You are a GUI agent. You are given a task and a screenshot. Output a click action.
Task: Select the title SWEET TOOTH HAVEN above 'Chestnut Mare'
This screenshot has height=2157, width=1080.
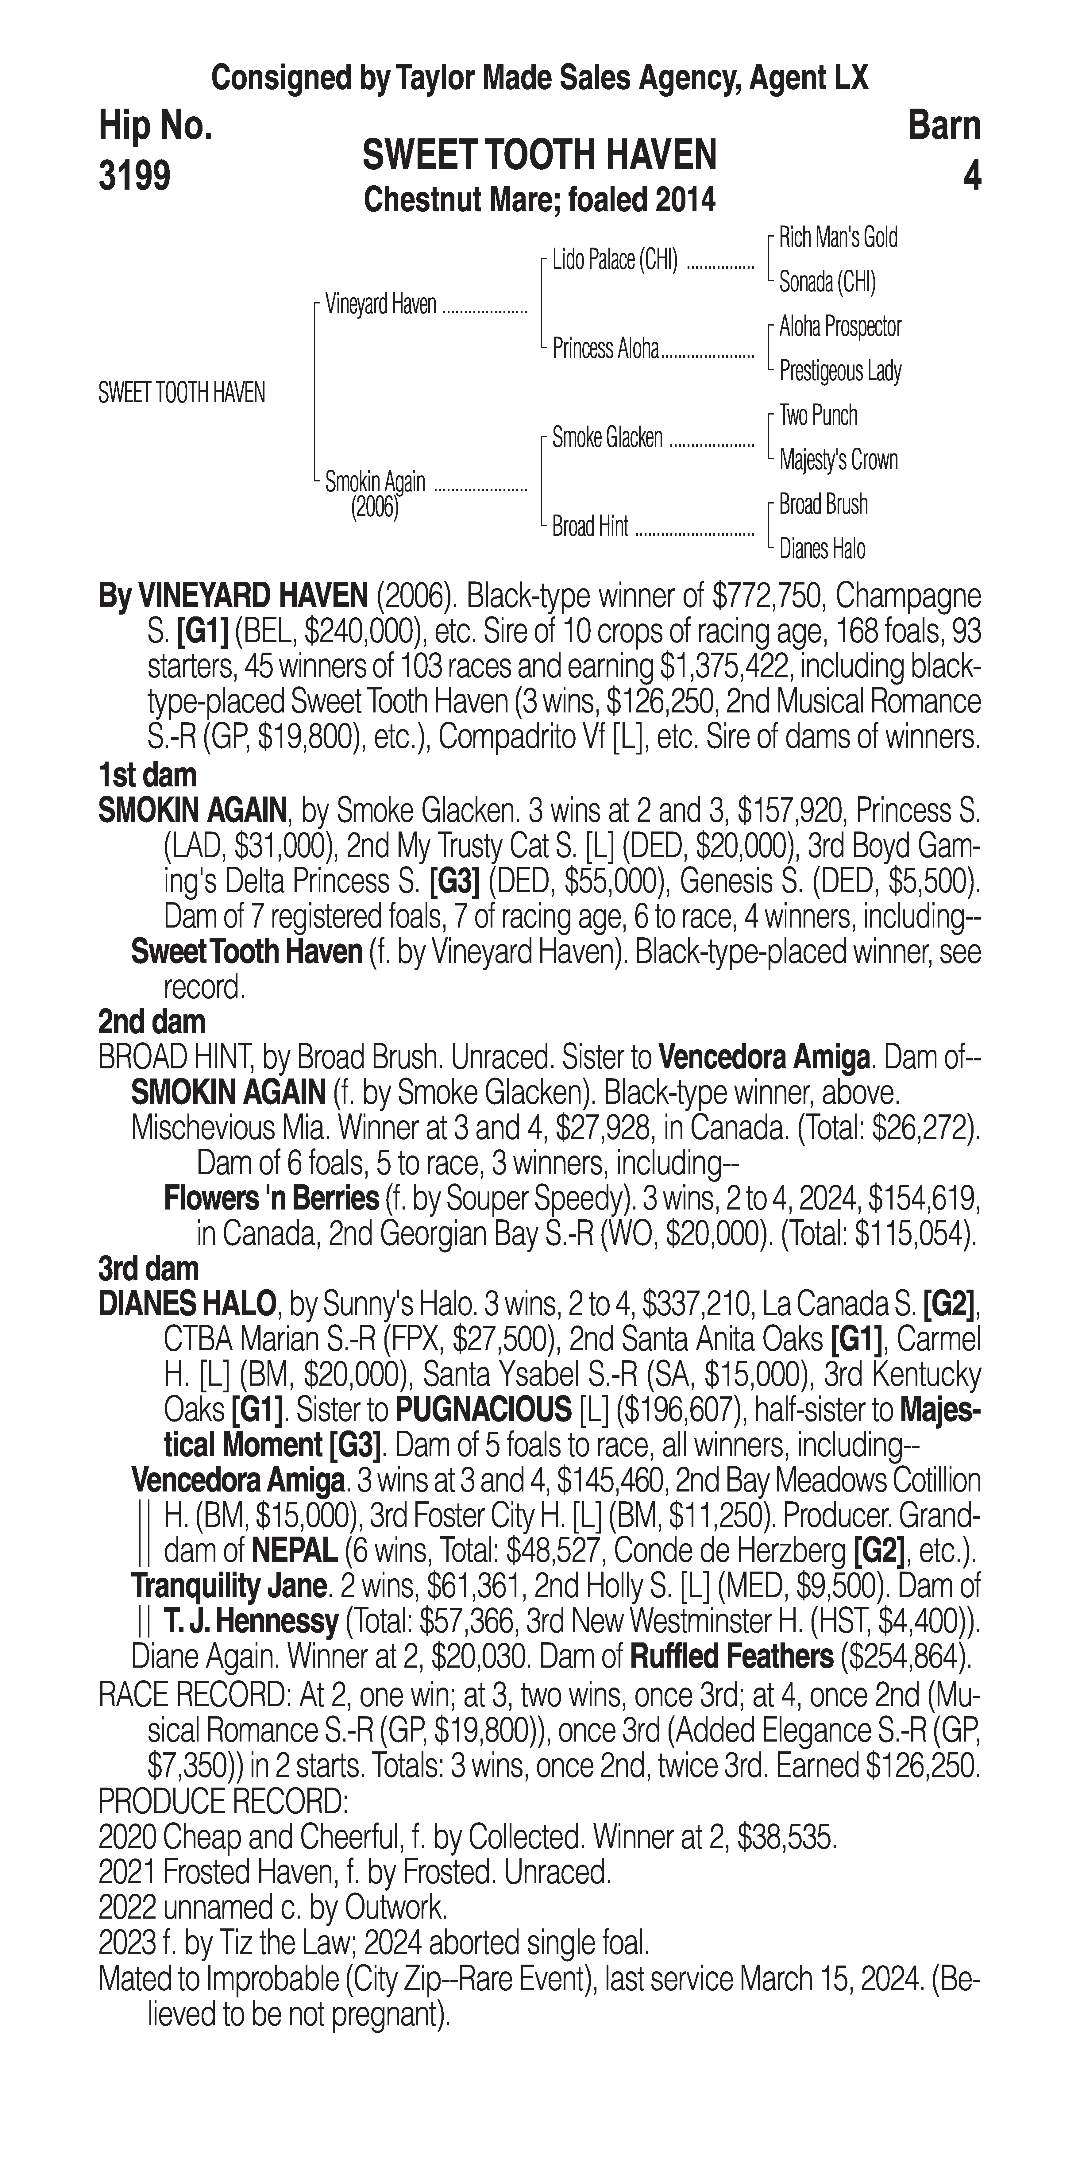pos(539,156)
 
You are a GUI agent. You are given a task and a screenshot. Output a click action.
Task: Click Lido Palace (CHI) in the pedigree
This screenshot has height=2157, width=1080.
pos(615,260)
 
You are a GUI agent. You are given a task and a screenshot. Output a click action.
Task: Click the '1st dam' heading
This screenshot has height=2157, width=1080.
pos(147,775)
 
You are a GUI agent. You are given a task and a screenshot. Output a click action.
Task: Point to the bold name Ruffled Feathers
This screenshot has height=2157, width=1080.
pos(731,1656)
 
